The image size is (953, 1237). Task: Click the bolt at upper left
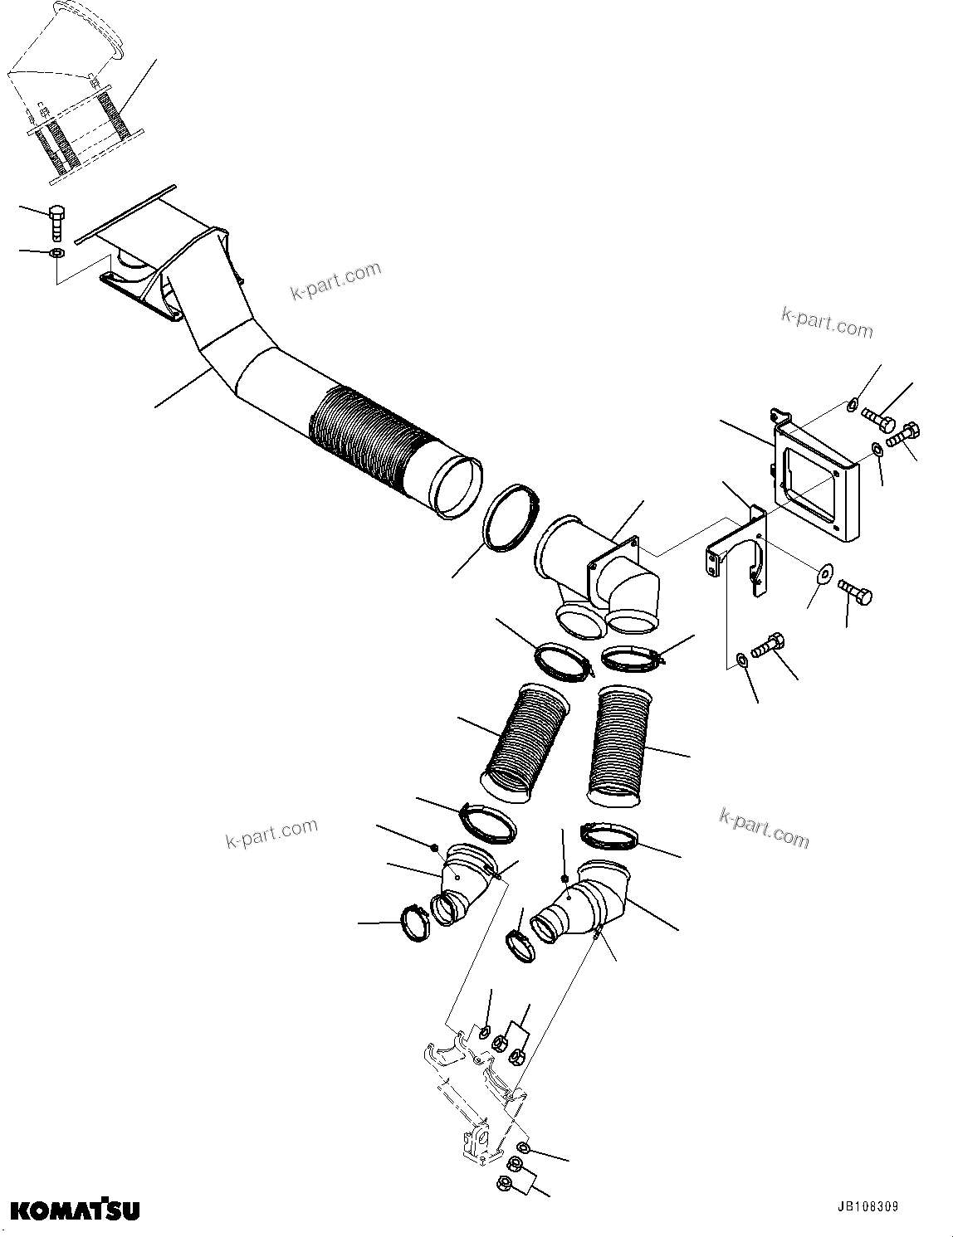tap(57, 221)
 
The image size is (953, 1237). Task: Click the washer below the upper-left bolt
tap(56, 253)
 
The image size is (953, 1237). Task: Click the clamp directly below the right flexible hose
tap(610, 835)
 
